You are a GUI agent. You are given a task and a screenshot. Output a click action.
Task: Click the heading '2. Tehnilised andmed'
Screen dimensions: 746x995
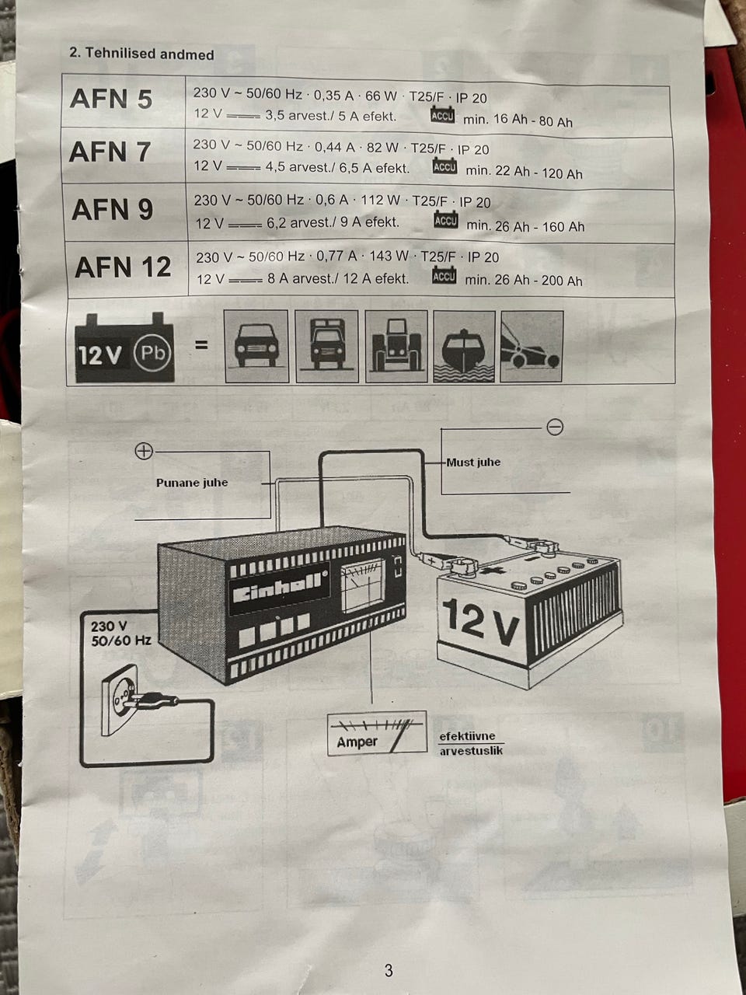point(141,54)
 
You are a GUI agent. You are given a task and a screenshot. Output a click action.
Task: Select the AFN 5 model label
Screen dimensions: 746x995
point(111,99)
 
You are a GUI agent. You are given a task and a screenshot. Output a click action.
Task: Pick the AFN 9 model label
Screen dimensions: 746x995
point(112,209)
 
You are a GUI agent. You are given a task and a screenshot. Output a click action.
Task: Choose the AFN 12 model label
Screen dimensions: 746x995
point(123,267)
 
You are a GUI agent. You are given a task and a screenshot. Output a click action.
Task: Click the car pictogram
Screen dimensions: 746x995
point(256,347)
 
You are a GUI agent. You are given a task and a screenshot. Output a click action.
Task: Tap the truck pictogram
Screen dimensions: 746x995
point(326,347)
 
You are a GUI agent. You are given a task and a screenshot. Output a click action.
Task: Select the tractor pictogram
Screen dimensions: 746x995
point(396,347)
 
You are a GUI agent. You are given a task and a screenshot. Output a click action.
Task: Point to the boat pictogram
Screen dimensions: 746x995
point(464,347)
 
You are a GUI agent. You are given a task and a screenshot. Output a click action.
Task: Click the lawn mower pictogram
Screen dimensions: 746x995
point(532,347)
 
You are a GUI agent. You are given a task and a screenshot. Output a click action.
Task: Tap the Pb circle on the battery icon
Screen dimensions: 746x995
point(152,353)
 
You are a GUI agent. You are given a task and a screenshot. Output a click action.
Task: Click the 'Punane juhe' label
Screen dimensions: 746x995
point(192,483)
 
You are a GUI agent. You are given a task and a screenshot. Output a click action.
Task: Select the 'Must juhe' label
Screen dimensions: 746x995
point(473,463)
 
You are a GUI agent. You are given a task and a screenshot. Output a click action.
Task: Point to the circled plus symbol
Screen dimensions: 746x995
point(144,452)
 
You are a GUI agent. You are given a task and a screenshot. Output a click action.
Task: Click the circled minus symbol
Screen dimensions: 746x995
point(555,427)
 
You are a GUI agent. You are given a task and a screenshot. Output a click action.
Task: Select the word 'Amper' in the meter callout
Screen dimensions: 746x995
point(357,742)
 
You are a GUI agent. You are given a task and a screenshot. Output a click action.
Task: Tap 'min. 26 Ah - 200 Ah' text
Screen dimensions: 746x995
point(524,280)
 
